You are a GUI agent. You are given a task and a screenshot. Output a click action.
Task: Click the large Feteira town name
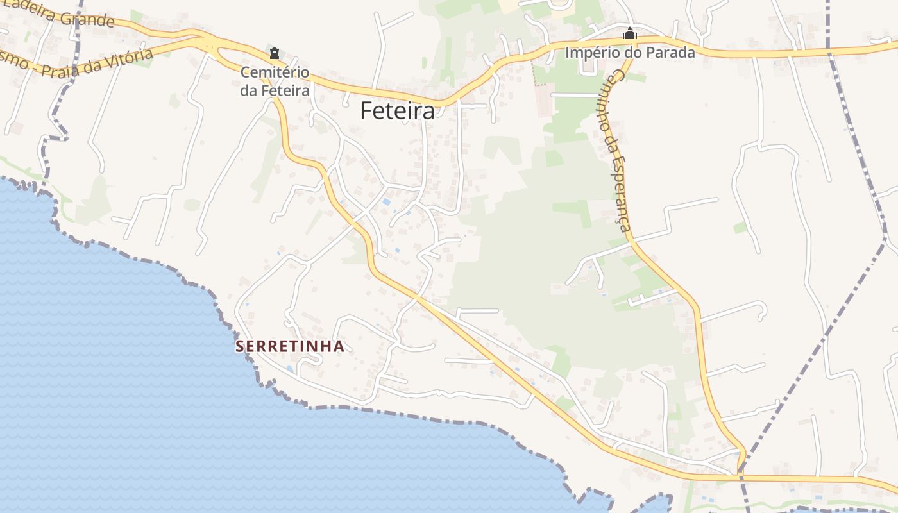[397, 110]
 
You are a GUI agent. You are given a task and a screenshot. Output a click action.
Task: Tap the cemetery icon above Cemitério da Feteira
[275, 53]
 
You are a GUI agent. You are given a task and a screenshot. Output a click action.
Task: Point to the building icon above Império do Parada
[631, 33]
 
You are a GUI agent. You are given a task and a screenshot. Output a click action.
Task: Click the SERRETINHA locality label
[290, 347]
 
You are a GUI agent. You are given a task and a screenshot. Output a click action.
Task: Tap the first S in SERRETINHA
[240, 347]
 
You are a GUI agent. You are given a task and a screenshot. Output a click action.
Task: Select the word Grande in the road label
[90, 19]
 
